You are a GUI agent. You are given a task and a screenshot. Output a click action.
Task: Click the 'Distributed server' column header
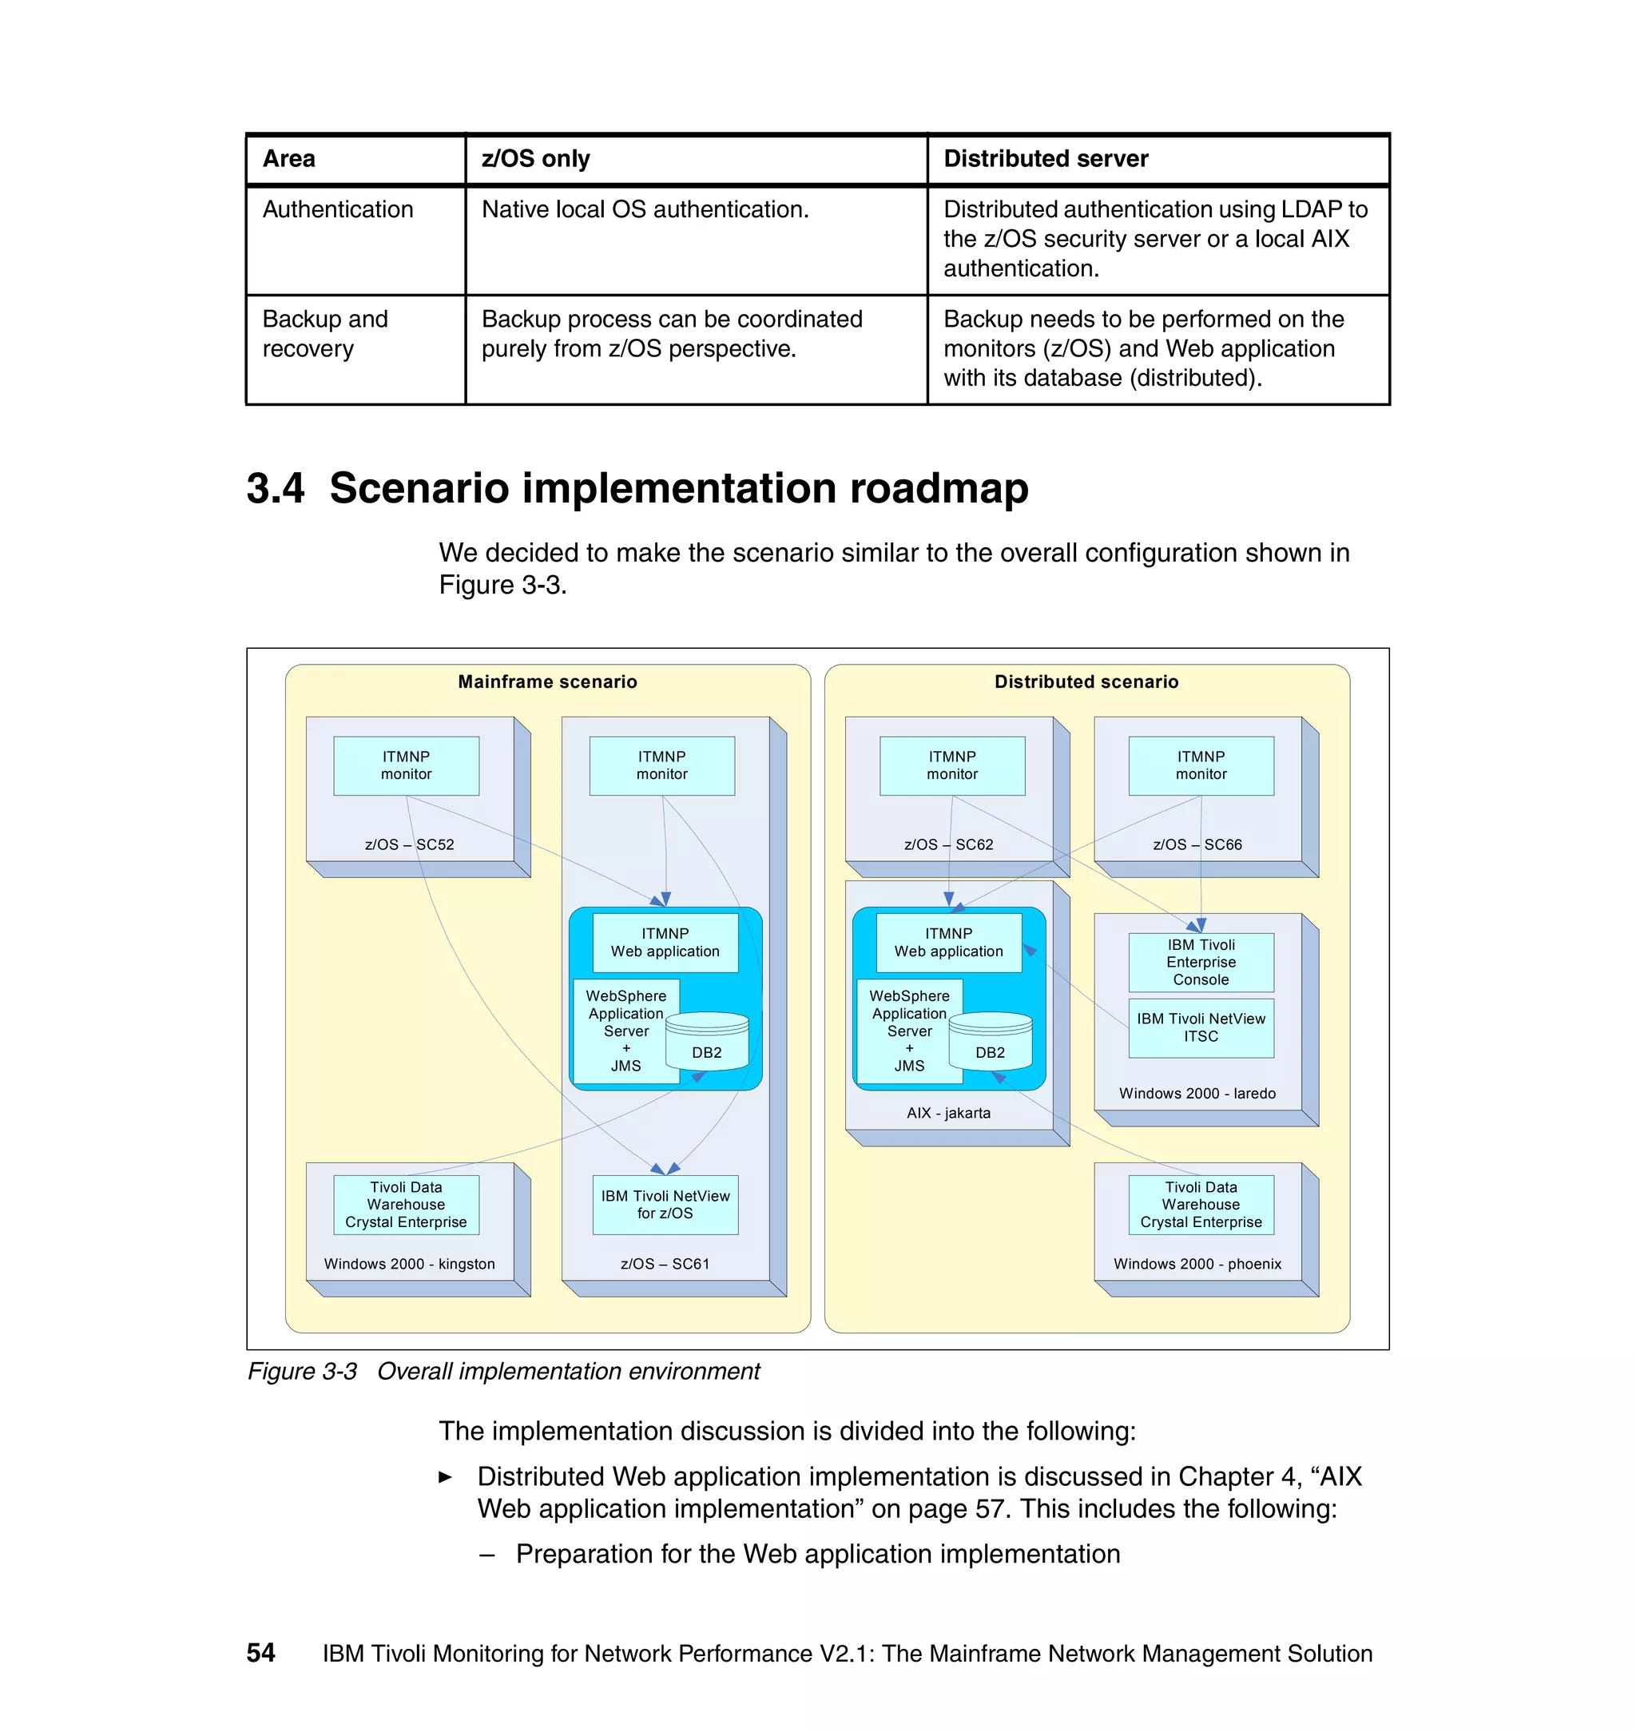pyautogui.click(x=1045, y=159)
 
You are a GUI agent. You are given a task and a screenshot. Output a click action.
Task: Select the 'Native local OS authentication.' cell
pyautogui.click(x=645, y=209)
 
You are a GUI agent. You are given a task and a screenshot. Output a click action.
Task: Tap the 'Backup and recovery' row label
pyautogui.click(x=324, y=334)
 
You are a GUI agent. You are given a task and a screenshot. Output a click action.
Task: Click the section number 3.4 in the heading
pyautogui.click(x=276, y=487)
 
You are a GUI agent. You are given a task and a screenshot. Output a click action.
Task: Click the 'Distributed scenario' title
pyautogui.click(x=1086, y=682)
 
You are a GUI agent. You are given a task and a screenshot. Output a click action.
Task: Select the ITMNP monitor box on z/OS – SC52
pyautogui.click(x=406, y=765)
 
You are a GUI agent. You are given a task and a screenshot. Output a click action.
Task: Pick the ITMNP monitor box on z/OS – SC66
pyautogui.click(x=1200, y=765)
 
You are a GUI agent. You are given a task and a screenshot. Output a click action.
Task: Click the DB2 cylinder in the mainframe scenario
pyautogui.click(x=706, y=1043)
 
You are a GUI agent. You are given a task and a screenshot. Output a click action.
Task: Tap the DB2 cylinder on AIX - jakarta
pyautogui.click(x=990, y=1043)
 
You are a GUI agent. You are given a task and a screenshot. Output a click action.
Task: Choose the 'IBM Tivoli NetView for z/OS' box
pyautogui.click(x=665, y=1205)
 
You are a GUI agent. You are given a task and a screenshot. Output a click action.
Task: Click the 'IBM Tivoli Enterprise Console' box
pyautogui.click(x=1200, y=962)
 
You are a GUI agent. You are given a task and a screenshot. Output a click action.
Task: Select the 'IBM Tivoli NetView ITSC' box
pyautogui.click(x=1200, y=1027)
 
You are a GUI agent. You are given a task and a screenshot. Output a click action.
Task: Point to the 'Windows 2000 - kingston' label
pyautogui.click(x=409, y=1264)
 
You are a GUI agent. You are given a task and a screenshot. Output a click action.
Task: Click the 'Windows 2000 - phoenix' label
pyautogui.click(x=1197, y=1264)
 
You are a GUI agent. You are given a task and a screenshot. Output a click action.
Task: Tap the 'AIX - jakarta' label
pyautogui.click(x=948, y=1113)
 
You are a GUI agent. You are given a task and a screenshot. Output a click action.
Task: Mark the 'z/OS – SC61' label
pyautogui.click(x=665, y=1264)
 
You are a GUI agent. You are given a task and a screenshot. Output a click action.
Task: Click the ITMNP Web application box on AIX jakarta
pyautogui.click(x=948, y=943)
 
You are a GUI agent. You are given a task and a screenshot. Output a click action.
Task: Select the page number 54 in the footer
pyautogui.click(x=260, y=1653)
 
